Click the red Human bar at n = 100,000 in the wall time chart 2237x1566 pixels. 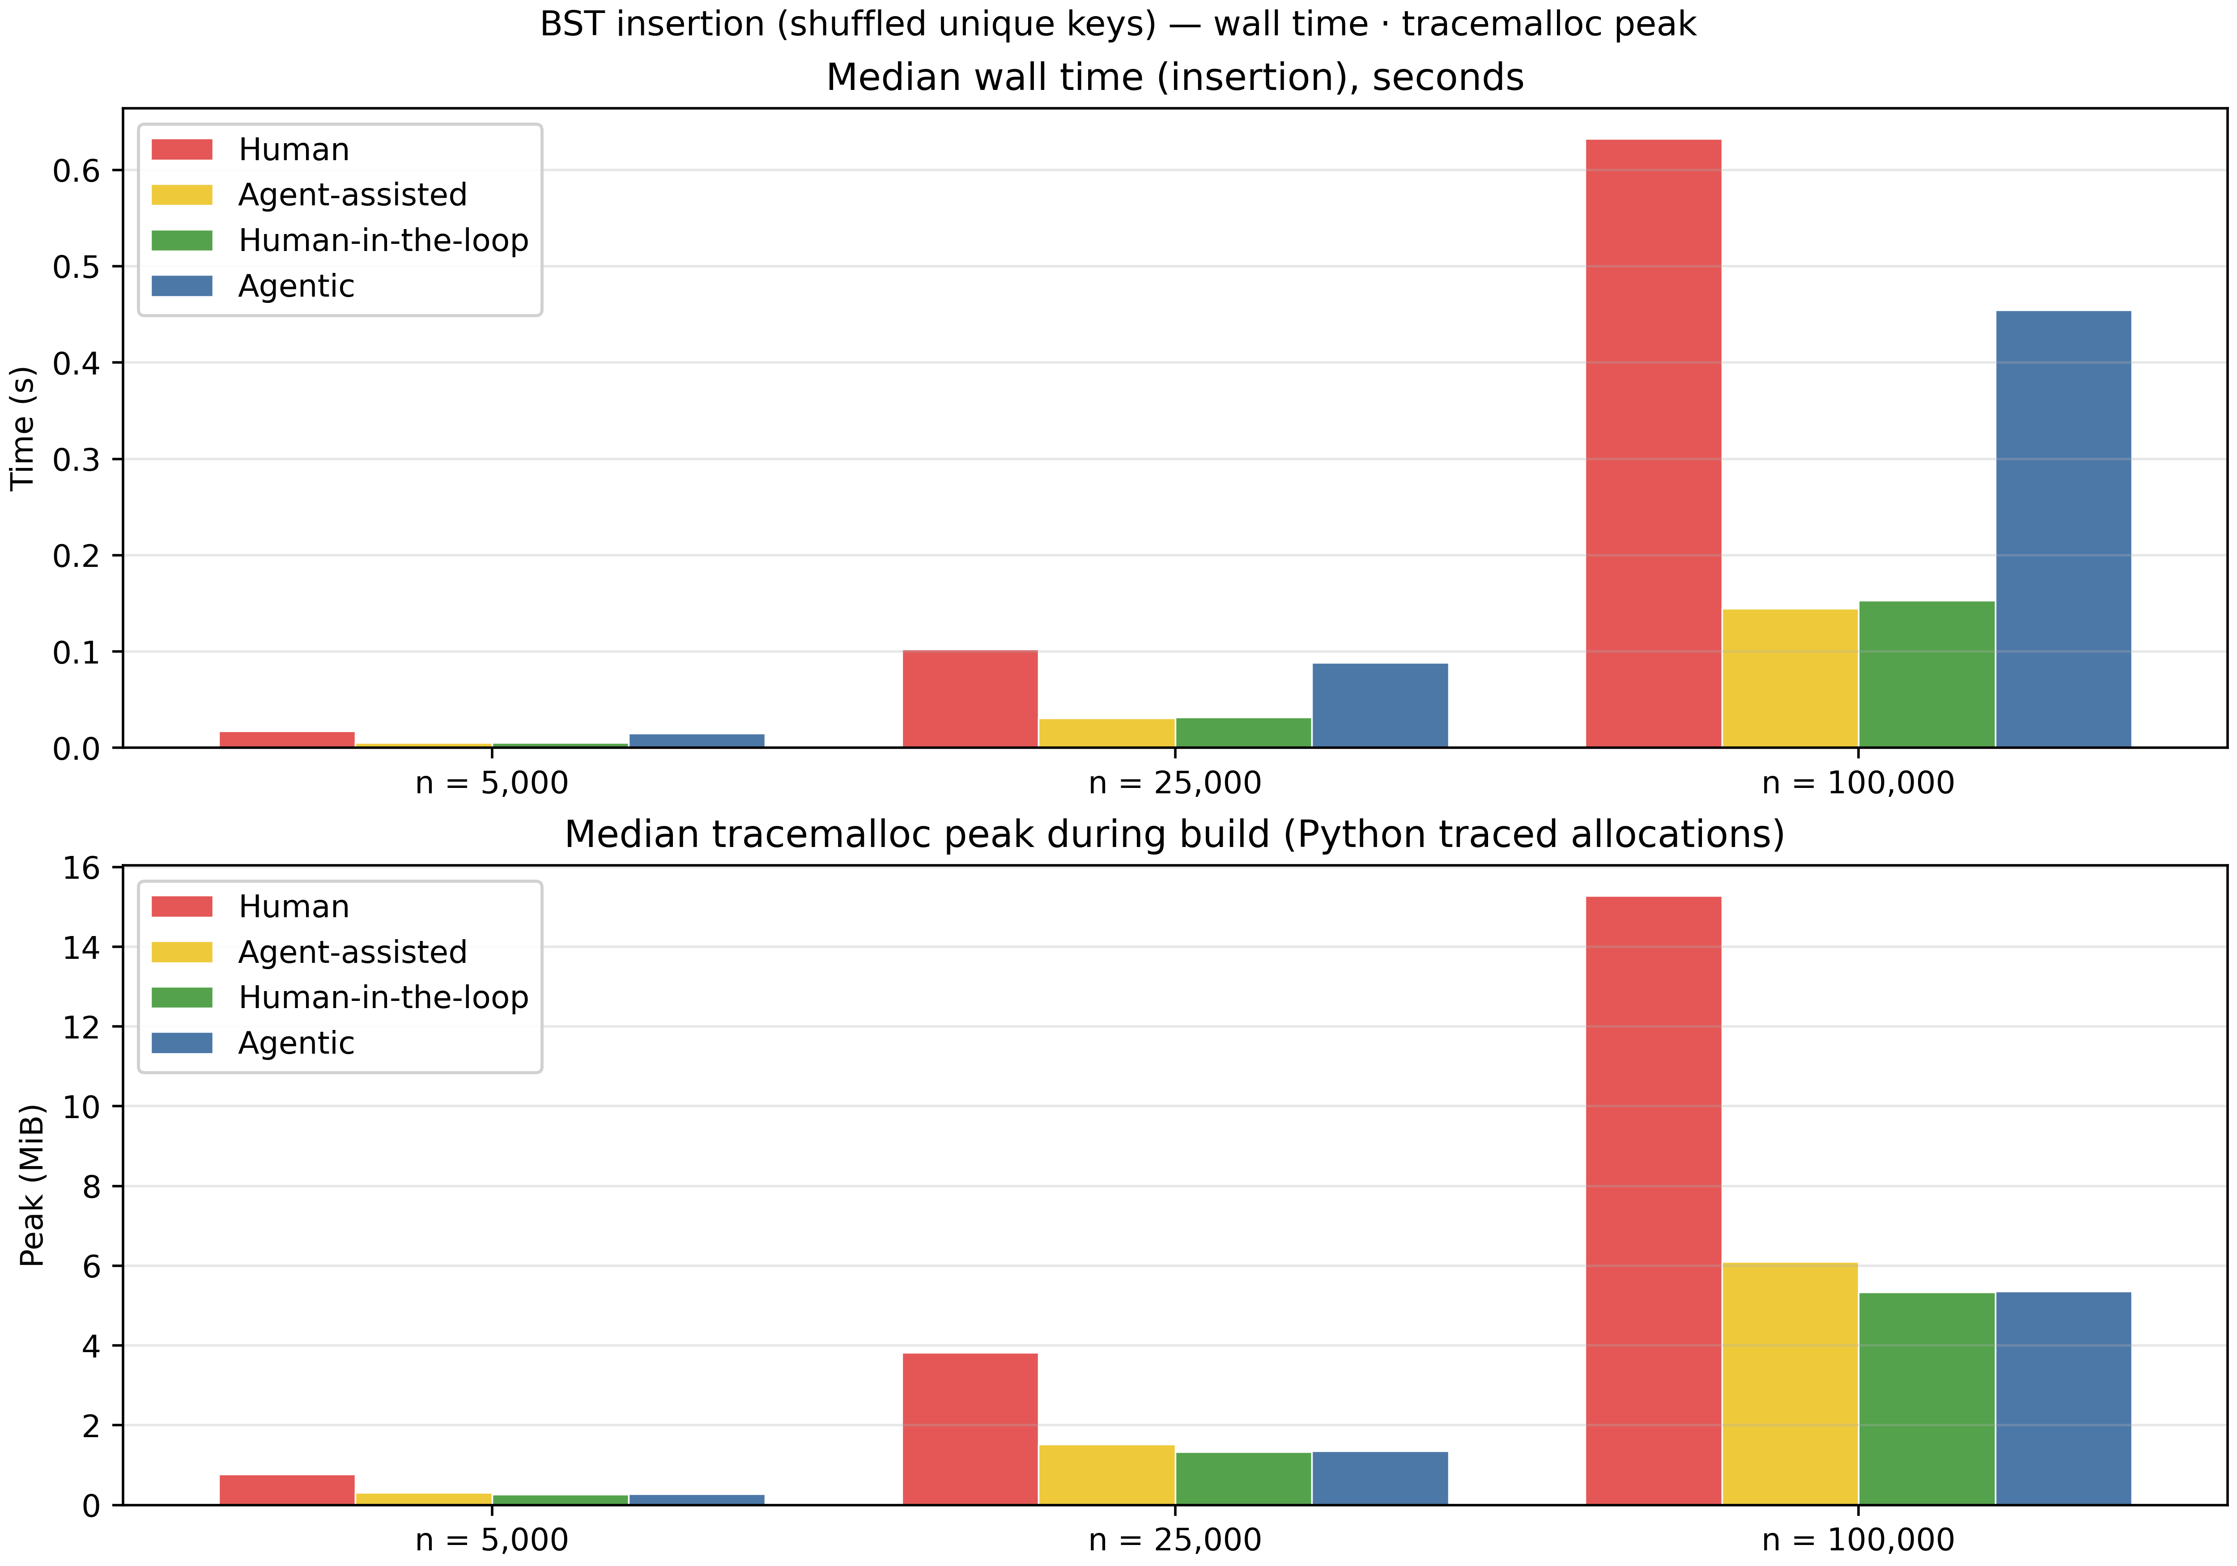pyautogui.click(x=1654, y=443)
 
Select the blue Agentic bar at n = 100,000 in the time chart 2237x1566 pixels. pyautogui.click(x=2063, y=529)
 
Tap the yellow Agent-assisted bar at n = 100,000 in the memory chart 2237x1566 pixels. pyautogui.click(x=1790, y=1384)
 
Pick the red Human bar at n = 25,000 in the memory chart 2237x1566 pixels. pyautogui.click(x=970, y=1429)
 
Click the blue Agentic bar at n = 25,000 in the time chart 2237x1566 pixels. pyautogui.click(x=1380, y=706)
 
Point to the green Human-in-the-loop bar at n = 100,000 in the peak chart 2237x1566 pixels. pyautogui.click(x=1926, y=1398)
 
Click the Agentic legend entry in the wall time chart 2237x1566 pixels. pyautogui.click(x=296, y=286)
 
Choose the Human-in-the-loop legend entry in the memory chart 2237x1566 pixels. pyautogui.click(x=383, y=998)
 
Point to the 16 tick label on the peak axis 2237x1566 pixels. pyautogui.click(x=82, y=867)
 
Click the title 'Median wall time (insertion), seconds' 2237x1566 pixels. pyautogui.click(x=1175, y=78)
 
